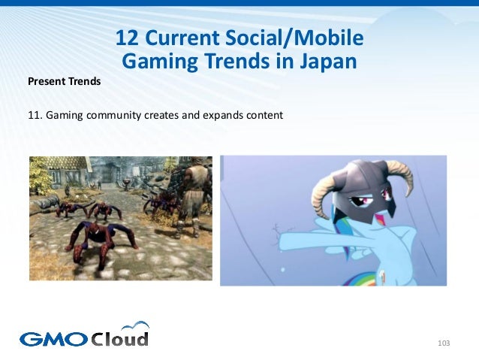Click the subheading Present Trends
[x=64, y=81]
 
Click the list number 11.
[x=35, y=116]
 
